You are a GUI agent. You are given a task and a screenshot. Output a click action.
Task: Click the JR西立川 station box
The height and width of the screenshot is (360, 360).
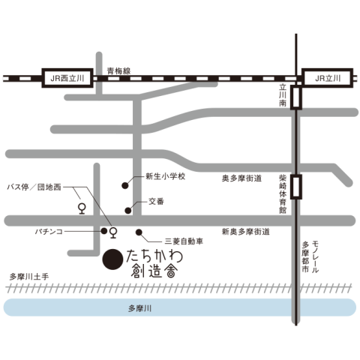tap(67, 78)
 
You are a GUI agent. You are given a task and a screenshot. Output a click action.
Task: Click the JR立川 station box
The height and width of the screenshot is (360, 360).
tap(328, 78)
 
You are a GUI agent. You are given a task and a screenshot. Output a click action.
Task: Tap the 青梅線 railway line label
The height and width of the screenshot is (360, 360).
tap(118, 71)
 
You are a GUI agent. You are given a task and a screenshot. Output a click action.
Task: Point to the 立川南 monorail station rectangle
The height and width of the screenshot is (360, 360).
tap(296, 97)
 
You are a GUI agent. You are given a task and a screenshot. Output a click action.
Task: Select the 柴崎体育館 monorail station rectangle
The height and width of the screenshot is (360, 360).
tap(296, 187)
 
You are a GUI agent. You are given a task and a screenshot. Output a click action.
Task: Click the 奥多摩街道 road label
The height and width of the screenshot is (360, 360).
tap(241, 178)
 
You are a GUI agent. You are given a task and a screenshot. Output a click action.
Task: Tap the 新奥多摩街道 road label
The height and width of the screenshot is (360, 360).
tap(246, 232)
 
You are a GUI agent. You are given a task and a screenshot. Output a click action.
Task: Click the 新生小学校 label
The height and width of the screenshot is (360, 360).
tap(166, 176)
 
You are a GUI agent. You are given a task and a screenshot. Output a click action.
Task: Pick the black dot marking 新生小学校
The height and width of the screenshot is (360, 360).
tap(125, 185)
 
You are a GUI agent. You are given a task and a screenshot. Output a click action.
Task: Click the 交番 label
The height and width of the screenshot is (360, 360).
tap(156, 201)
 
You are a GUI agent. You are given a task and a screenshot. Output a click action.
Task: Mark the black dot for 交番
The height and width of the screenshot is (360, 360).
tap(128, 211)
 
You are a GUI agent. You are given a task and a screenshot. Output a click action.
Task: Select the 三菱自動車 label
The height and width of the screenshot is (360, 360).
tap(184, 241)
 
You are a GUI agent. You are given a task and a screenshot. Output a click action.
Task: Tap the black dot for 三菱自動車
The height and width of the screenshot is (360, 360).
tap(139, 232)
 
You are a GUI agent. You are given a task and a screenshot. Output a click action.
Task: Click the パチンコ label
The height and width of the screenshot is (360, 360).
tap(49, 232)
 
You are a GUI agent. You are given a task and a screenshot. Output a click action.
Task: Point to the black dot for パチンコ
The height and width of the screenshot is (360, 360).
tap(104, 231)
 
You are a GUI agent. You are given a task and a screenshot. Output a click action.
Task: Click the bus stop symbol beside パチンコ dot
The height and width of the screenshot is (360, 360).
tap(113, 232)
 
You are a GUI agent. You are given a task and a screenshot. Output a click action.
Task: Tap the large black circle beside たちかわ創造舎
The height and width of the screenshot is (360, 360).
tap(112, 259)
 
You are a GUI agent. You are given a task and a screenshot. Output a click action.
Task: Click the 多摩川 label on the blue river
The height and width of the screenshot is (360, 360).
tap(140, 308)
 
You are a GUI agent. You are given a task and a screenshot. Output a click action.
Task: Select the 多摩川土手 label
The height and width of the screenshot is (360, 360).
tap(29, 277)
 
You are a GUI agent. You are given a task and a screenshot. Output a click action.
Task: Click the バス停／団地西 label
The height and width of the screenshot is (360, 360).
tap(34, 187)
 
